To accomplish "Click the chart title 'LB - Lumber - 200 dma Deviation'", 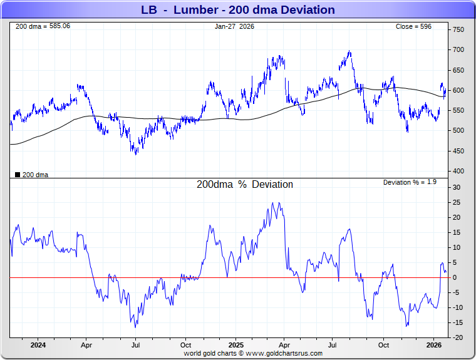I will (x=238, y=10).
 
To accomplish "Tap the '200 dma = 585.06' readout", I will (x=43, y=26).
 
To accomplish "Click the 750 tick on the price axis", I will (x=458, y=30).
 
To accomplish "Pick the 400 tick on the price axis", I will (x=458, y=172).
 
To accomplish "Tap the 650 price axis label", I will (x=458, y=70).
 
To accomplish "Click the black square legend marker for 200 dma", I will (x=17, y=175).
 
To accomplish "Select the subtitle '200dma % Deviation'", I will (x=245, y=185).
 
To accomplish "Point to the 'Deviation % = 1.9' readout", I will (x=410, y=182).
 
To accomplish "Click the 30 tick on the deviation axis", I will (x=457, y=187).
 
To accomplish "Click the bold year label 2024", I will (x=38, y=345).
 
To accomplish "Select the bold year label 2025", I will (x=235, y=345).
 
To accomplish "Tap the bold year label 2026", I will (x=433, y=345).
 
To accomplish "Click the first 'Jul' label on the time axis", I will (x=136, y=345).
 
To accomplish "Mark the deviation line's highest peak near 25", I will (x=272, y=203).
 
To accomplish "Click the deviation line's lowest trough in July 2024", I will (x=135, y=327).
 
